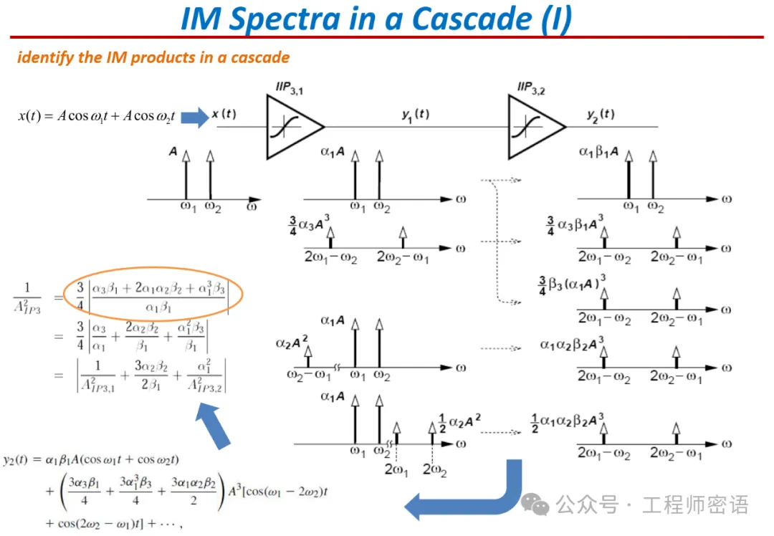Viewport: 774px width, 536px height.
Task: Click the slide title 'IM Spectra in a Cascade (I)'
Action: tap(376, 19)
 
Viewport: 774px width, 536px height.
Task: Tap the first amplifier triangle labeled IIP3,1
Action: tap(290, 127)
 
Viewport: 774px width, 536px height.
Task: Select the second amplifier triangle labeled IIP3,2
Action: tap(532, 127)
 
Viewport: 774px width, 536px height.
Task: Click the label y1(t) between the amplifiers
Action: tap(416, 115)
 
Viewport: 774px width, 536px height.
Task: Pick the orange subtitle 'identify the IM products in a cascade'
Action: tap(153, 57)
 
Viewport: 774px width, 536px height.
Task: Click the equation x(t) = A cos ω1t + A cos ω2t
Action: tap(96, 116)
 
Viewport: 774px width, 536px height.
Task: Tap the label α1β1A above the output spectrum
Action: tap(598, 152)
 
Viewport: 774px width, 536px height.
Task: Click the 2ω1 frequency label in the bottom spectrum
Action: tap(396, 470)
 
